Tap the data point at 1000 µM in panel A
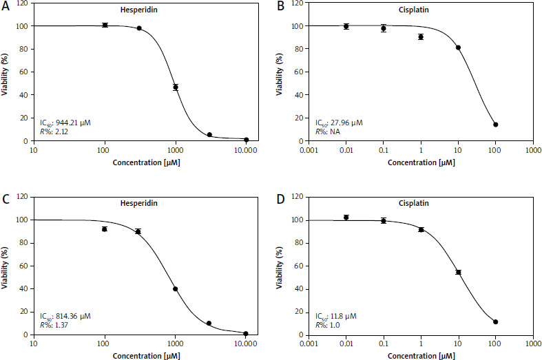point(176,87)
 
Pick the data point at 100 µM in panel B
point(495,125)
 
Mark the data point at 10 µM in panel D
point(458,272)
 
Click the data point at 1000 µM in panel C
point(176,289)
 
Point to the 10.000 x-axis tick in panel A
point(247,149)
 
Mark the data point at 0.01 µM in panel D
point(346,218)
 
